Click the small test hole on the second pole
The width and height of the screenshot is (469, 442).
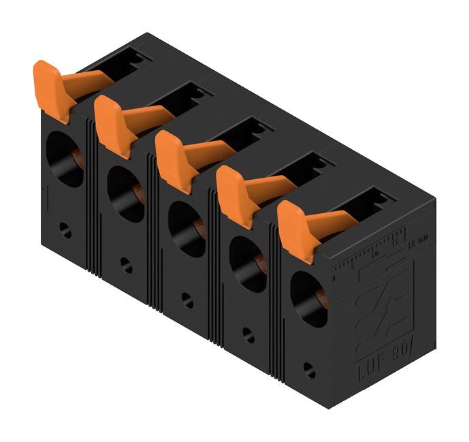[127, 266]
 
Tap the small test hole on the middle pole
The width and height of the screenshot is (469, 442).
[188, 300]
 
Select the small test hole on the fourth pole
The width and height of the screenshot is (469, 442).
[248, 336]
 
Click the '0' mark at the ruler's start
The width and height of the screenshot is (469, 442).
[334, 278]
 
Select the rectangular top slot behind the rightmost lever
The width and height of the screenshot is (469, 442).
[373, 202]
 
